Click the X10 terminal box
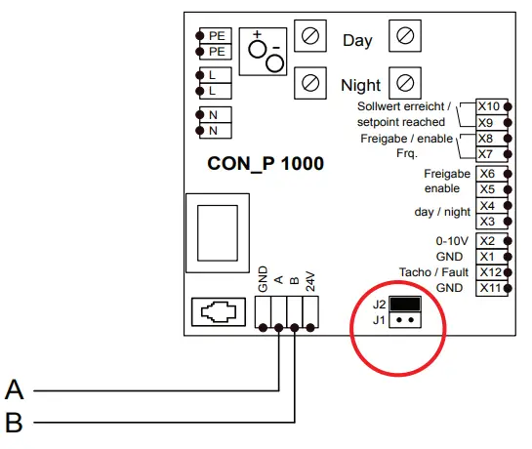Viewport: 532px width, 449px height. point(489,106)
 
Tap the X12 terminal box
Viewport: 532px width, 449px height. point(489,271)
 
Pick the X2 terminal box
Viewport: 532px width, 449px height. point(489,240)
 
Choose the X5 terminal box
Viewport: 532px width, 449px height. point(489,189)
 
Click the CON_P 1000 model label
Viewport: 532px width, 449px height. point(266,164)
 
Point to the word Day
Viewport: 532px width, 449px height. point(357,41)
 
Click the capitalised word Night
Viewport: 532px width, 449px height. point(360,85)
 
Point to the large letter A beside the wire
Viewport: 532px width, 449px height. point(15,390)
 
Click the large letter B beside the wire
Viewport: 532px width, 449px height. point(15,423)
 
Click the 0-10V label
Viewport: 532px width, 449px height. point(450,240)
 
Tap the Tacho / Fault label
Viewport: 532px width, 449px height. point(433,271)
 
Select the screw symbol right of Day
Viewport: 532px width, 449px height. point(404,38)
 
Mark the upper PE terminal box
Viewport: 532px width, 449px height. point(215,35)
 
